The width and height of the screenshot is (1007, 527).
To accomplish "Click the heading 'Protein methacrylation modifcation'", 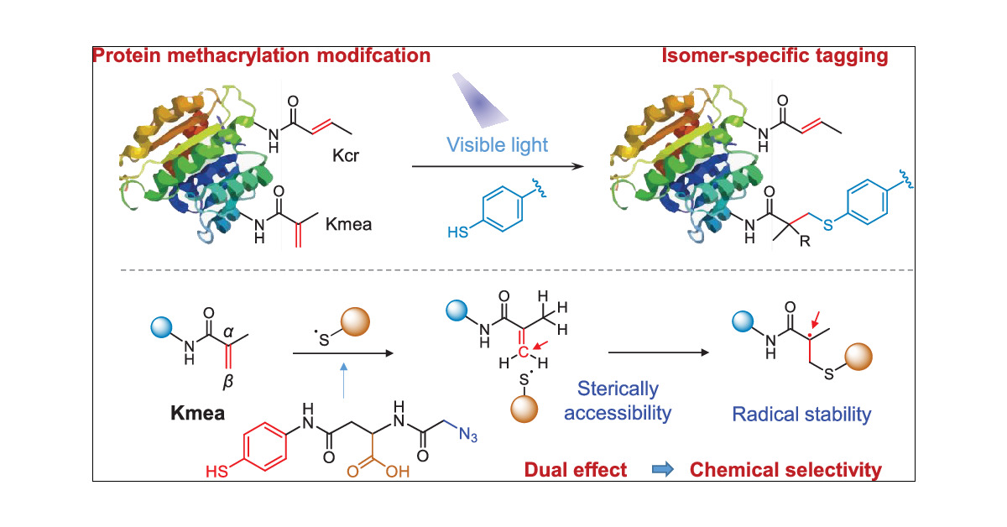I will click(263, 57).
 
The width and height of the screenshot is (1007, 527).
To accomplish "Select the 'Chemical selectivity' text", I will click(785, 469).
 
